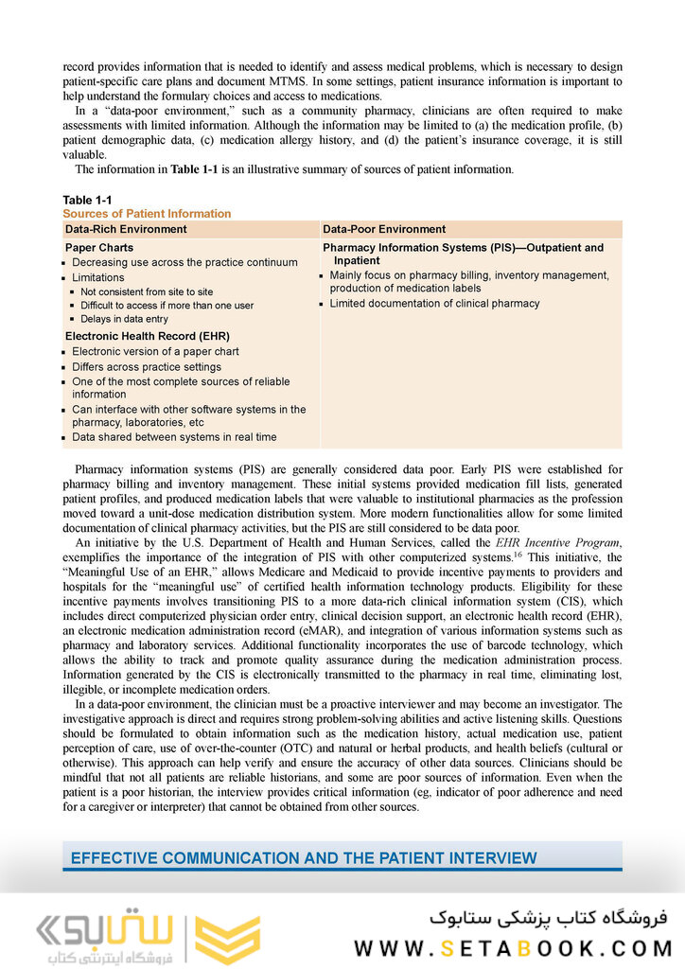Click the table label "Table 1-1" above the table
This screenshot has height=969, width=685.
tap(87, 200)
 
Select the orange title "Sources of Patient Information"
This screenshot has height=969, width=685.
tap(147, 214)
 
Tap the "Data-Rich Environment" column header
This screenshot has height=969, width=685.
tap(126, 229)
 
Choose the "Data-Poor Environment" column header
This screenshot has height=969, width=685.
tap(384, 229)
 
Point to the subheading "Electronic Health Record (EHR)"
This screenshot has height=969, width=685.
tap(148, 336)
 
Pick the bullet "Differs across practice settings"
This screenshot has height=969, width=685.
tap(147, 366)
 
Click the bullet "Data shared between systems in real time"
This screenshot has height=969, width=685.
tap(174, 437)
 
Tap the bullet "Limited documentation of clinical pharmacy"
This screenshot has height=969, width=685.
tap(434, 304)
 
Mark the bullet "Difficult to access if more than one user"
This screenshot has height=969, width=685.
tap(167, 306)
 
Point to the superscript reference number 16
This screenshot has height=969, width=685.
tap(518, 554)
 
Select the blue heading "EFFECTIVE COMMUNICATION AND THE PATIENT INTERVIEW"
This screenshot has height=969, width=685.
tap(304, 858)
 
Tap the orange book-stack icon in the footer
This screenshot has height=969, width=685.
tap(227, 938)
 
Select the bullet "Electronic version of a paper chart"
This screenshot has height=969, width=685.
tap(155, 351)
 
